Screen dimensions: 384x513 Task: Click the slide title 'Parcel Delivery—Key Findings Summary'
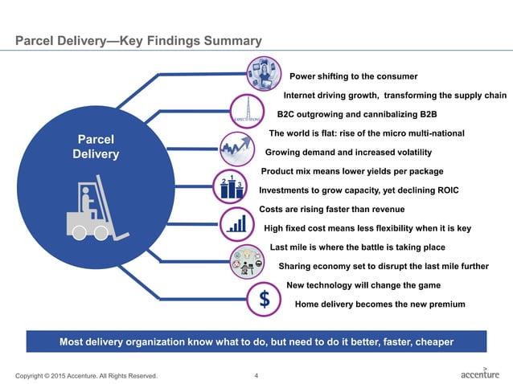[x=133, y=40]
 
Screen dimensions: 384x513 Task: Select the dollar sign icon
[x=264, y=300]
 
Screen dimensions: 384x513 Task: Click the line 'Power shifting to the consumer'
[x=353, y=76]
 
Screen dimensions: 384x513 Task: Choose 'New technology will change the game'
[x=363, y=285]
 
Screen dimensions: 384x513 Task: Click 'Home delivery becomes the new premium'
[x=380, y=304]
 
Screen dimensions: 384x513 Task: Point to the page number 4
[x=256, y=375]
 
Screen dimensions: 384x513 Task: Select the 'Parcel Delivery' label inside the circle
[x=95, y=145]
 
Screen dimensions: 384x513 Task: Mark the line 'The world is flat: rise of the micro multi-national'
[x=367, y=133]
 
